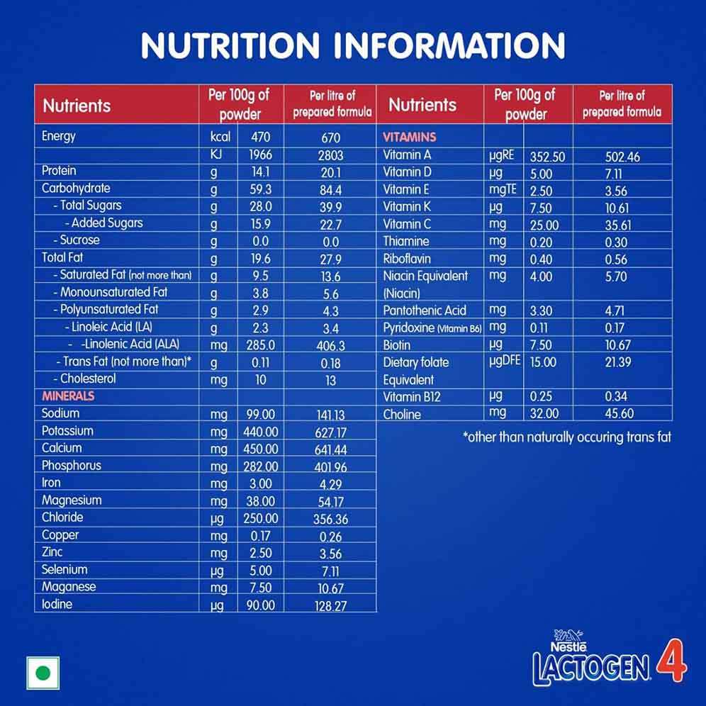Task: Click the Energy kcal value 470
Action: [x=261, y=137]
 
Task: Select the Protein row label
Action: [x=59, y=171]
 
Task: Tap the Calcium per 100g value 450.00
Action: [x=261, y=449]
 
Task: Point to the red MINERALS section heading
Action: [x=68, y=396]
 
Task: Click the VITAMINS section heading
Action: [x=409, y=137]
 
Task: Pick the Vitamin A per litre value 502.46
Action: [x=622, y=157]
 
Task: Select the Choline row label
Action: [x=402, y=414]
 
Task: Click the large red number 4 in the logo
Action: [x=671, y=661]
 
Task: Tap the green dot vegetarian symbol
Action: [x=43, y=673]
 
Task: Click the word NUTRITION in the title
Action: [x=230, y=45]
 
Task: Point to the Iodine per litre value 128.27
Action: [x=330, y=605]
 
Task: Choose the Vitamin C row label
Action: [x=407, y=224]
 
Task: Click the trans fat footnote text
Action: [x=567, y=437]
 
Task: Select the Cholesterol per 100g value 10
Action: [x=261, y=379]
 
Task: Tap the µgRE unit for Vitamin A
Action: [x=501, y=155]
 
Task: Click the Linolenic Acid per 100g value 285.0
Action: [x=261, y=345]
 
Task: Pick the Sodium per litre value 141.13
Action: [x=330, y=415]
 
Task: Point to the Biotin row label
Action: [x=397, y=345]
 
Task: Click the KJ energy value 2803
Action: [x=330, y=155]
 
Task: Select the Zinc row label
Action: [x=52, y=552]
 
